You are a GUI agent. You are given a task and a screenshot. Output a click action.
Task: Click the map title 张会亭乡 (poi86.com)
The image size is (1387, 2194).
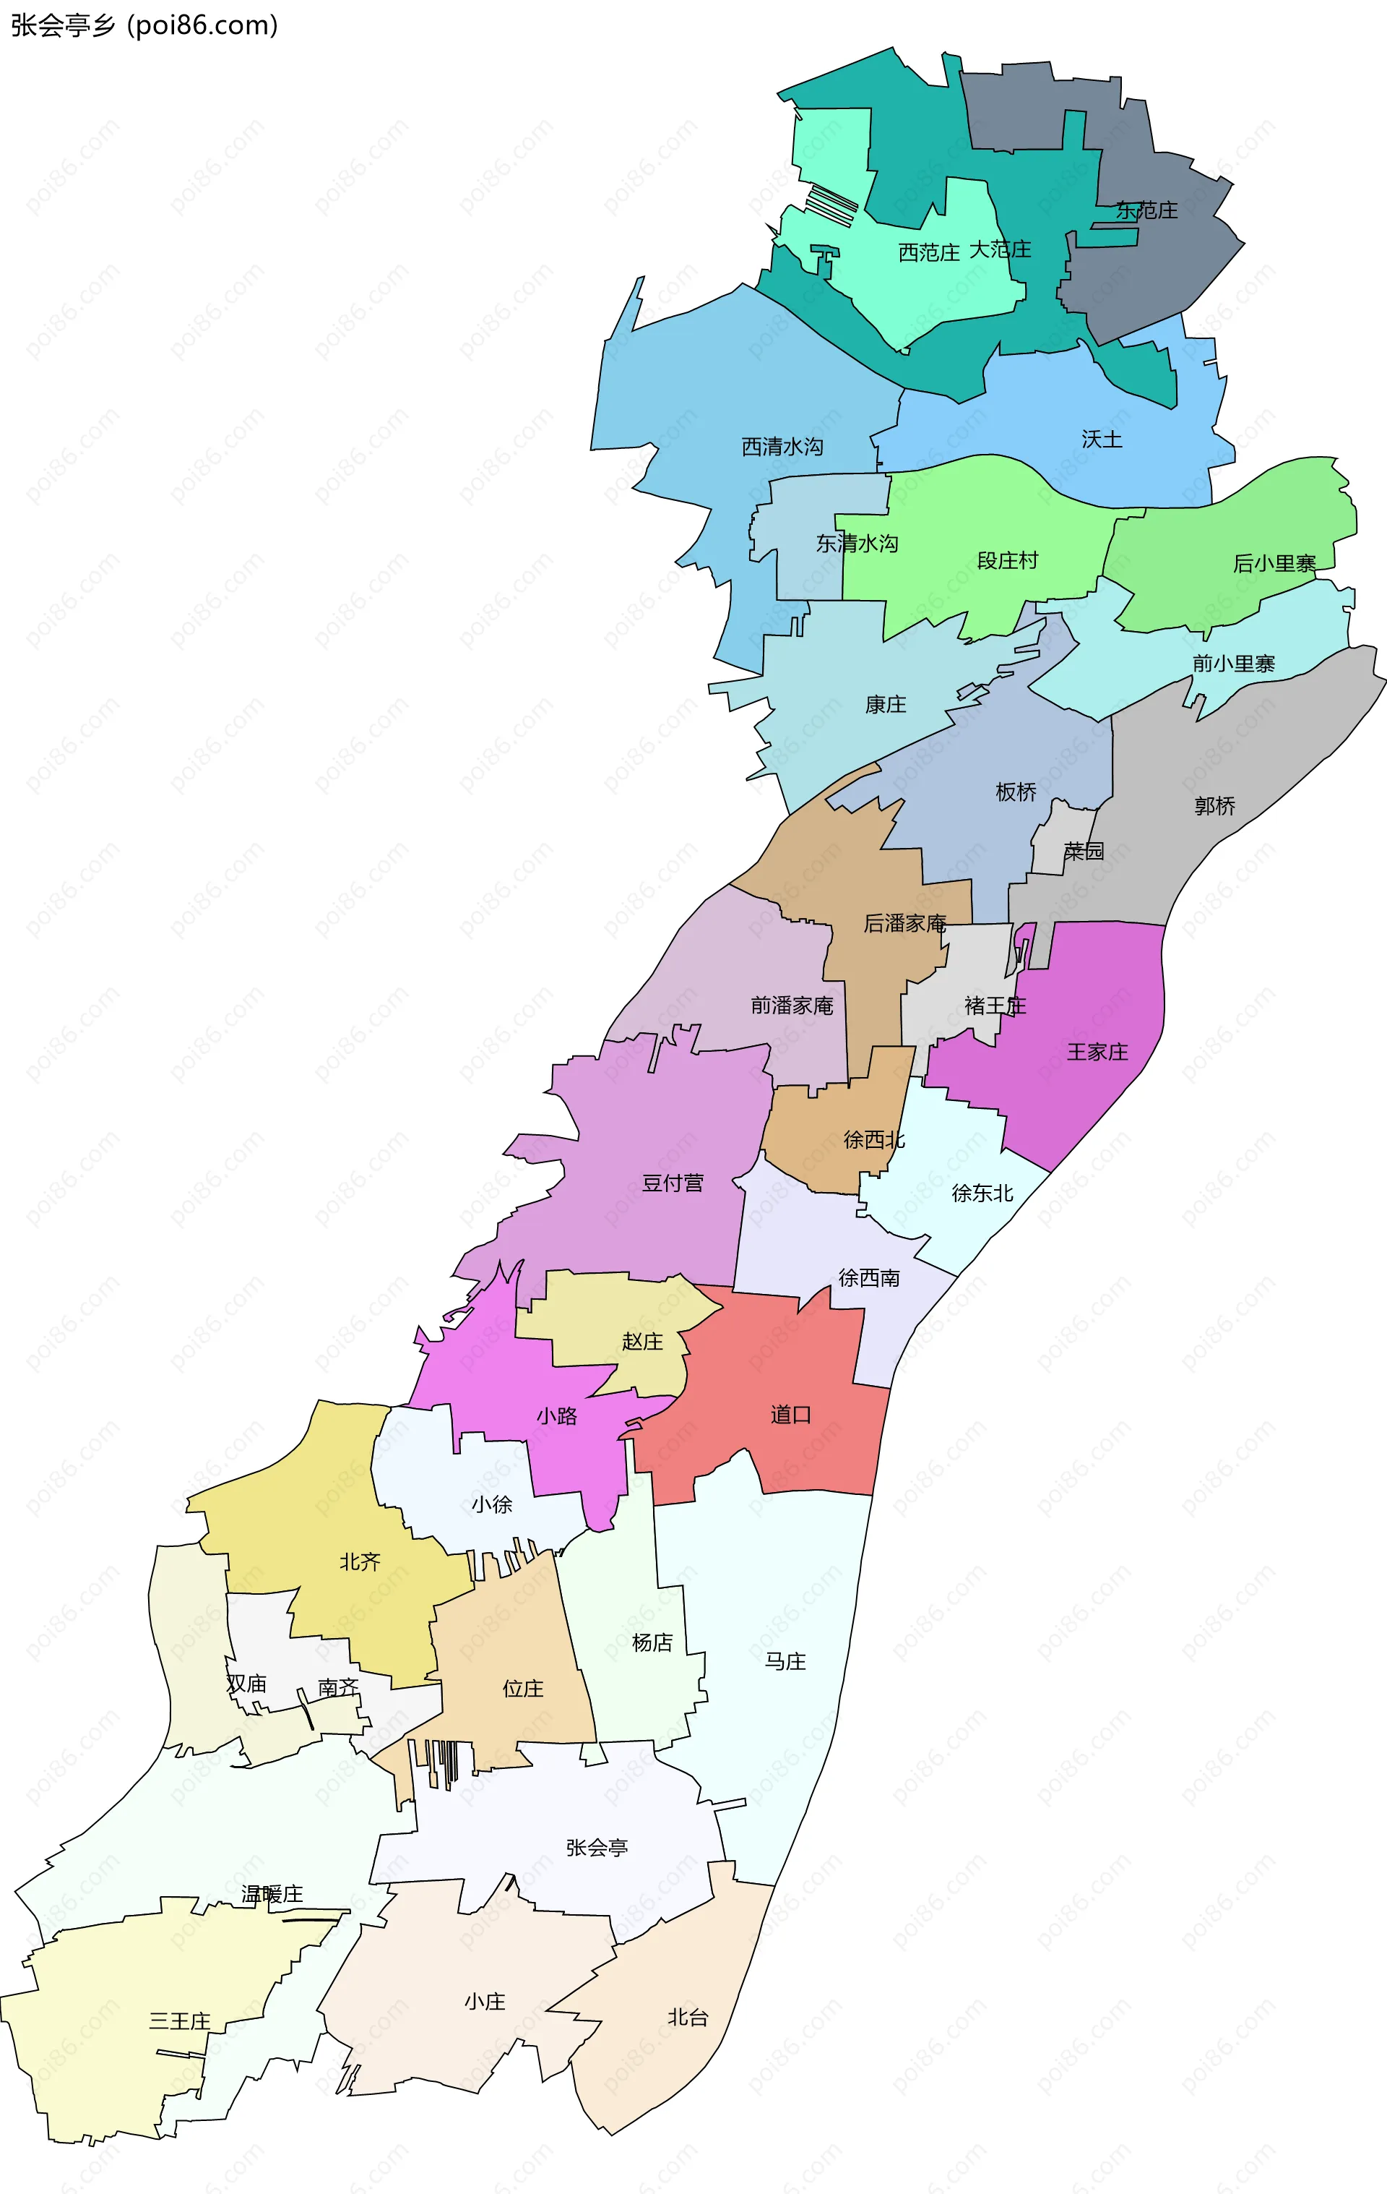(144, 25)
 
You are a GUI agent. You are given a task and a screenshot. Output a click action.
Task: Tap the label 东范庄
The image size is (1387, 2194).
(1146, 210)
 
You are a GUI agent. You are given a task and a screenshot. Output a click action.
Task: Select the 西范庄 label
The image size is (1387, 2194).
(928, 252)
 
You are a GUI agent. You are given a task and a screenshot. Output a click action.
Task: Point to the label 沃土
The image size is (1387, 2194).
(1101, 440)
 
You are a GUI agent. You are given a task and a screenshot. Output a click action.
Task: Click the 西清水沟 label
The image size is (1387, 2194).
(782, 447)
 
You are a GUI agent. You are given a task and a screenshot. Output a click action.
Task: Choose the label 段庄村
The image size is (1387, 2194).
(1007, 560)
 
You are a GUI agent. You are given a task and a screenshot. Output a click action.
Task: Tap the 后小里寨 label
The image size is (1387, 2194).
(1274, 564)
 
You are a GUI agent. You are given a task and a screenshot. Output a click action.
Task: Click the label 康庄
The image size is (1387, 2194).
(885, 704)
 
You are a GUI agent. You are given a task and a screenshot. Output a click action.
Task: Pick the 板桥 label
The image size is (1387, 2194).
(1016, 792)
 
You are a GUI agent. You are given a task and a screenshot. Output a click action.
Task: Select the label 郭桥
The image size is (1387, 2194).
(1215, 805)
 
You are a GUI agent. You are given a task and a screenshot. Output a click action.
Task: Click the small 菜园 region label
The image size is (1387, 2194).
(1083, 851)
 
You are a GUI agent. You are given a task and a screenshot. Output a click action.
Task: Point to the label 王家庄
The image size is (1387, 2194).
(1097, 1053)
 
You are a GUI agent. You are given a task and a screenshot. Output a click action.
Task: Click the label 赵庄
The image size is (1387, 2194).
(642, 1341)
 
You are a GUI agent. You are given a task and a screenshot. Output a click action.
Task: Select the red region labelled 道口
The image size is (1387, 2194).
(790, 1415)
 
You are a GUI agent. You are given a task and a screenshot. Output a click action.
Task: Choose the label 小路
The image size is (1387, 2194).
(556, 1416)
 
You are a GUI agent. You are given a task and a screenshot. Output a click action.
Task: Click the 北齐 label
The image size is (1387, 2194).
(360, 1561)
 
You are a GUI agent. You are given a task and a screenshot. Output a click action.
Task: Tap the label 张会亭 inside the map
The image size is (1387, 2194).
(597, 1848)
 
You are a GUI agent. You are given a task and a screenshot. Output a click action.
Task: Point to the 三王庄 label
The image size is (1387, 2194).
(179, 2021)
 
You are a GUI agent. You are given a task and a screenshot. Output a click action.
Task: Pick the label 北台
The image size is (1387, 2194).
(688, 2017)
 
